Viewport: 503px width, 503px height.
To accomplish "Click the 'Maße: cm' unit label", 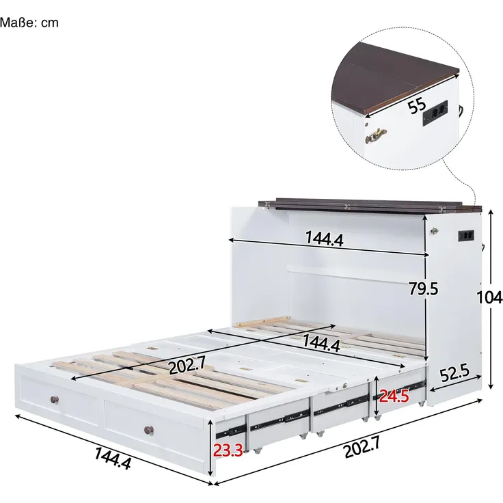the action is point(29,23).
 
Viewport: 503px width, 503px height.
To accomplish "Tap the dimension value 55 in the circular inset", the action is point(417,105).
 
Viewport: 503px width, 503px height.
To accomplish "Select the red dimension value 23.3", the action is point(228,450).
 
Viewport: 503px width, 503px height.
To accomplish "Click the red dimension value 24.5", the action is point(394,396).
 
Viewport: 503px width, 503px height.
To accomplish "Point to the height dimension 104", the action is point(489,297).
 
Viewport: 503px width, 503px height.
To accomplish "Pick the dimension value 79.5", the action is point(423,288).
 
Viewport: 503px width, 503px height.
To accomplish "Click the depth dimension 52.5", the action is point(454,373).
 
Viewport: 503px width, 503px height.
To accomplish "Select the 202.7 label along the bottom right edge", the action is point(362,447).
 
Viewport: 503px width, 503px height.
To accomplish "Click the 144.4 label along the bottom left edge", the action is point(113,459).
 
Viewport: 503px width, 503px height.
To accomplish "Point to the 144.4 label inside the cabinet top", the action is point(325,239).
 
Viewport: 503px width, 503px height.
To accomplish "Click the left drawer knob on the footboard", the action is point(55,400).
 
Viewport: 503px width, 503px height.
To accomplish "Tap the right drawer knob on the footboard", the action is point(148,430).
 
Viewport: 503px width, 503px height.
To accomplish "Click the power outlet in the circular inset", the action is point(435,113).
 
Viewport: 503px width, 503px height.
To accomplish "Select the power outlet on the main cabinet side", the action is point(466,236).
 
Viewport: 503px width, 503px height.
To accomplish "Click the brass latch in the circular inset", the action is point(375,135).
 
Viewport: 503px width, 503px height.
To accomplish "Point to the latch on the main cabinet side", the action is point(435,230).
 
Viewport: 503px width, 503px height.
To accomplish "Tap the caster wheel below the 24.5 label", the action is point(378,418).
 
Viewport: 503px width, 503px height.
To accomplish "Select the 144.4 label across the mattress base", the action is point(321,343).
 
